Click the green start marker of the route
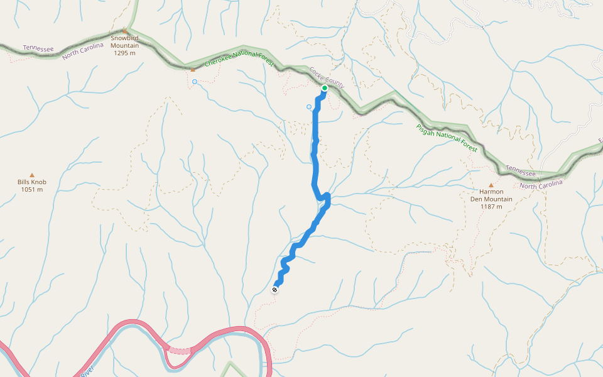325,88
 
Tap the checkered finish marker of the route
275,290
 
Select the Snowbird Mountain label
124,41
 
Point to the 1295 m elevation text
124,53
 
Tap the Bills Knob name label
32,182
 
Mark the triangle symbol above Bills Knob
32,175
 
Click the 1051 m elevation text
32,189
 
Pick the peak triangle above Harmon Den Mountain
491,185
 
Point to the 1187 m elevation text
491,206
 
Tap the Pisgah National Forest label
447,138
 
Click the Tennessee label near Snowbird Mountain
38,48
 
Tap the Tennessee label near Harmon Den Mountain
521,170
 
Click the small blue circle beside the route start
309,107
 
